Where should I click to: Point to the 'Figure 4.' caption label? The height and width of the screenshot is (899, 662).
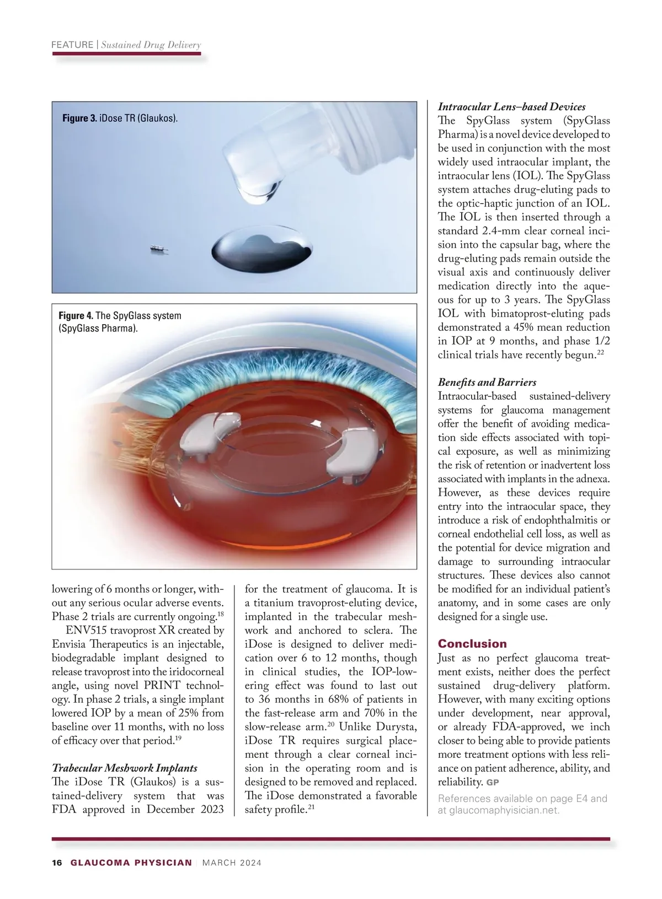click(x=76, y=316)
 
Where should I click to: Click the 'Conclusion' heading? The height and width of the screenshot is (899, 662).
click(x=472, y=644)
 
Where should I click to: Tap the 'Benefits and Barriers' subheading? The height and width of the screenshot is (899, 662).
click(x=487, y=383)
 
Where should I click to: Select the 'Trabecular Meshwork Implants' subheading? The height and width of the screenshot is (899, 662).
click(x=124, y=768)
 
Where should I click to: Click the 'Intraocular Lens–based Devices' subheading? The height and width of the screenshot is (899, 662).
click(x=511, y=107)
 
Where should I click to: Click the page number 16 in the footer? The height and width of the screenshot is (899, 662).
click(x=57, y=863)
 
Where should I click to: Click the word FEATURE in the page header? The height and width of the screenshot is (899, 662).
click(x=72, y=45)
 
